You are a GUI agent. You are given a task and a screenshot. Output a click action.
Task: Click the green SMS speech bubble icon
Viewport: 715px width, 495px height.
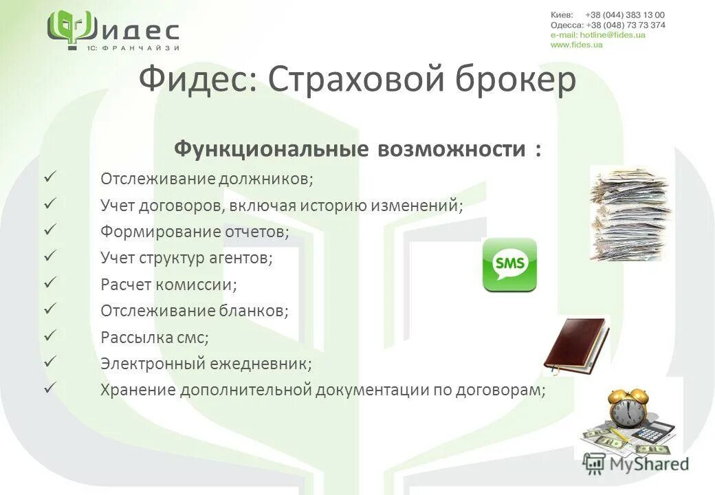(509, 265)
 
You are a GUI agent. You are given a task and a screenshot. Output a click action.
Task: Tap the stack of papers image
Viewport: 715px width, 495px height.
(630, 214)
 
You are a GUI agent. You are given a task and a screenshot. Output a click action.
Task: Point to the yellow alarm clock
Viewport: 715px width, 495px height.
(628, 408)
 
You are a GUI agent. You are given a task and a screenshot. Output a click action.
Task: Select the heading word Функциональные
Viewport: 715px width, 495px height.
(269, 148)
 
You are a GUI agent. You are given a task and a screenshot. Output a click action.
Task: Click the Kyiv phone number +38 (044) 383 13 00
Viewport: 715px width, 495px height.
(625, 15)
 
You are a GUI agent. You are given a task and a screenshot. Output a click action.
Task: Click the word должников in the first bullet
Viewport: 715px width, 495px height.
(265, 179)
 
